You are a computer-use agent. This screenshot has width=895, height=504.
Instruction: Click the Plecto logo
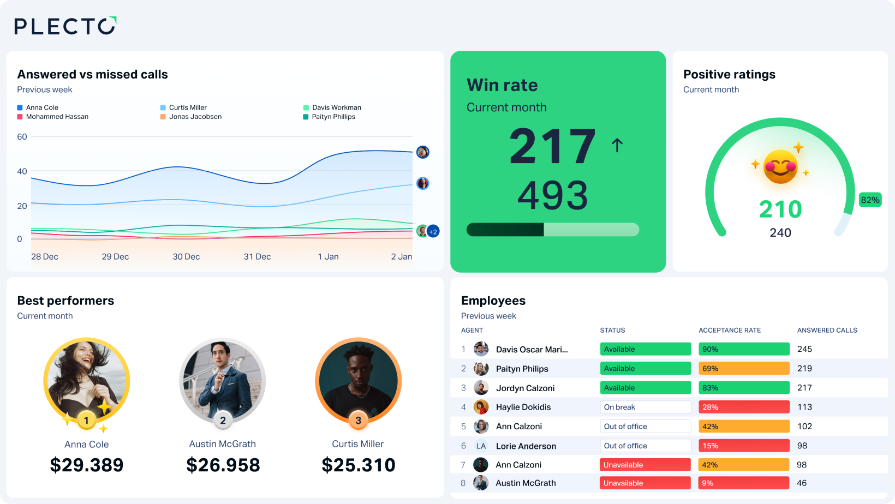pyautogui.click(x=65, y=26)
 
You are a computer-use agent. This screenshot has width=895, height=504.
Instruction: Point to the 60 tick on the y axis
pyautogui.click(x=22, y=137)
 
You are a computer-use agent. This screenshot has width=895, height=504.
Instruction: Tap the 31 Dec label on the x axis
pyautogui.click(x=257, y=256)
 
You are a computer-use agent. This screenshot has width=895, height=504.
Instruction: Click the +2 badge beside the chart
pyautogui.click(x=433, y=232)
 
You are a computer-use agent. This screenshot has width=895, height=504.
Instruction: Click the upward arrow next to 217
pyautogui.click(x=617, y=145)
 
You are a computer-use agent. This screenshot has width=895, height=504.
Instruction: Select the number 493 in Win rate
pyautogui.click(x=552, y=195)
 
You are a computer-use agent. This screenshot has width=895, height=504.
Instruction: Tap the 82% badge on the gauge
pyautogui.click(x=870, y=200)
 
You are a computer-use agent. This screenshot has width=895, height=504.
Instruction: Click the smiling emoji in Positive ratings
pyautogui.click(x=780, y=166)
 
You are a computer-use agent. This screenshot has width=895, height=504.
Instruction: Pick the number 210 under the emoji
pyautogui.click(x=780, y=209)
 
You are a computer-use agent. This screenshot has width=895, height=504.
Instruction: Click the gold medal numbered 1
pyautogui.click(x=86, y=421)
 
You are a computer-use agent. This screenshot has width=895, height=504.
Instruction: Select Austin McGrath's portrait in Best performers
pyautogui.click(x=222, y=381)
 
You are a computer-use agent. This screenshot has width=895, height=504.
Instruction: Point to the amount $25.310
pyautogui.click(x=358, y=465)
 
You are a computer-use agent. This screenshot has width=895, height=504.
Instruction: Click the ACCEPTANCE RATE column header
pyautogui.click(x=730, y=331)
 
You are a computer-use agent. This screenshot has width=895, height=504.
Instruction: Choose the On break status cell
pyautogui.click(x=645, y=407)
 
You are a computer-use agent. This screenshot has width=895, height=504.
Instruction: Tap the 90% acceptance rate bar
pyautogui.click(x=744, y=349)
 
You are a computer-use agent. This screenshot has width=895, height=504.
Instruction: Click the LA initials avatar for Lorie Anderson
pyautogui.click(x=481, y=446)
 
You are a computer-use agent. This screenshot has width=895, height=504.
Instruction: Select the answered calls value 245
pyautogui.click(x=804, y=349)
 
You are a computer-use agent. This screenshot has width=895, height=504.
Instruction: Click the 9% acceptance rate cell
pyautogui.click(x=744, y=483)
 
